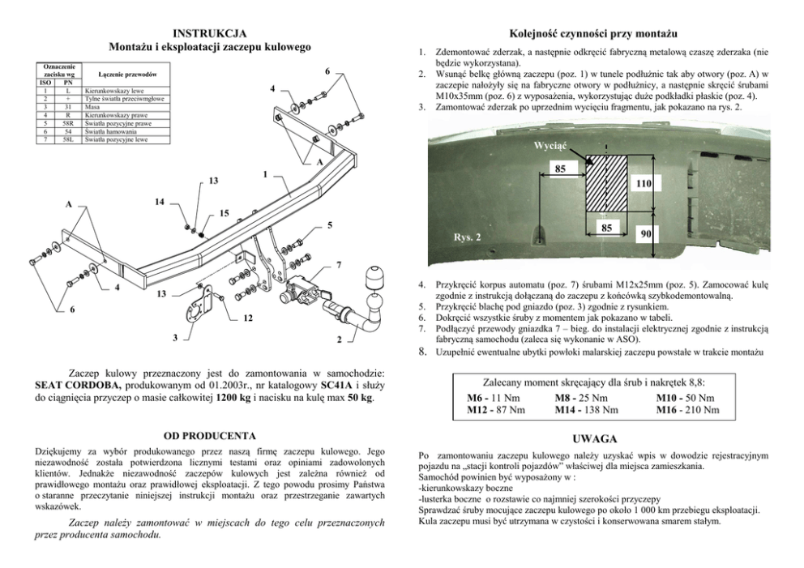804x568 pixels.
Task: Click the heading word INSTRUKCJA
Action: (210, 34)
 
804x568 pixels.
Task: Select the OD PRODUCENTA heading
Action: (210, 435)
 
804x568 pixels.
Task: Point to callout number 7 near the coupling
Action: (338, 265)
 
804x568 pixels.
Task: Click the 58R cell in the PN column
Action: (68, 123)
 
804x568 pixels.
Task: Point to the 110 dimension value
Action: (644, 184)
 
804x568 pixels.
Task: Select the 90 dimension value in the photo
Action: (646, 233)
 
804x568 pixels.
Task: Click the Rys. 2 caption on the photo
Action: (467, 237)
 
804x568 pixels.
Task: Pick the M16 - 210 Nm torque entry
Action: (688, 410)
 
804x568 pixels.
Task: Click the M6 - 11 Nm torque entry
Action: (494, 398)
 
